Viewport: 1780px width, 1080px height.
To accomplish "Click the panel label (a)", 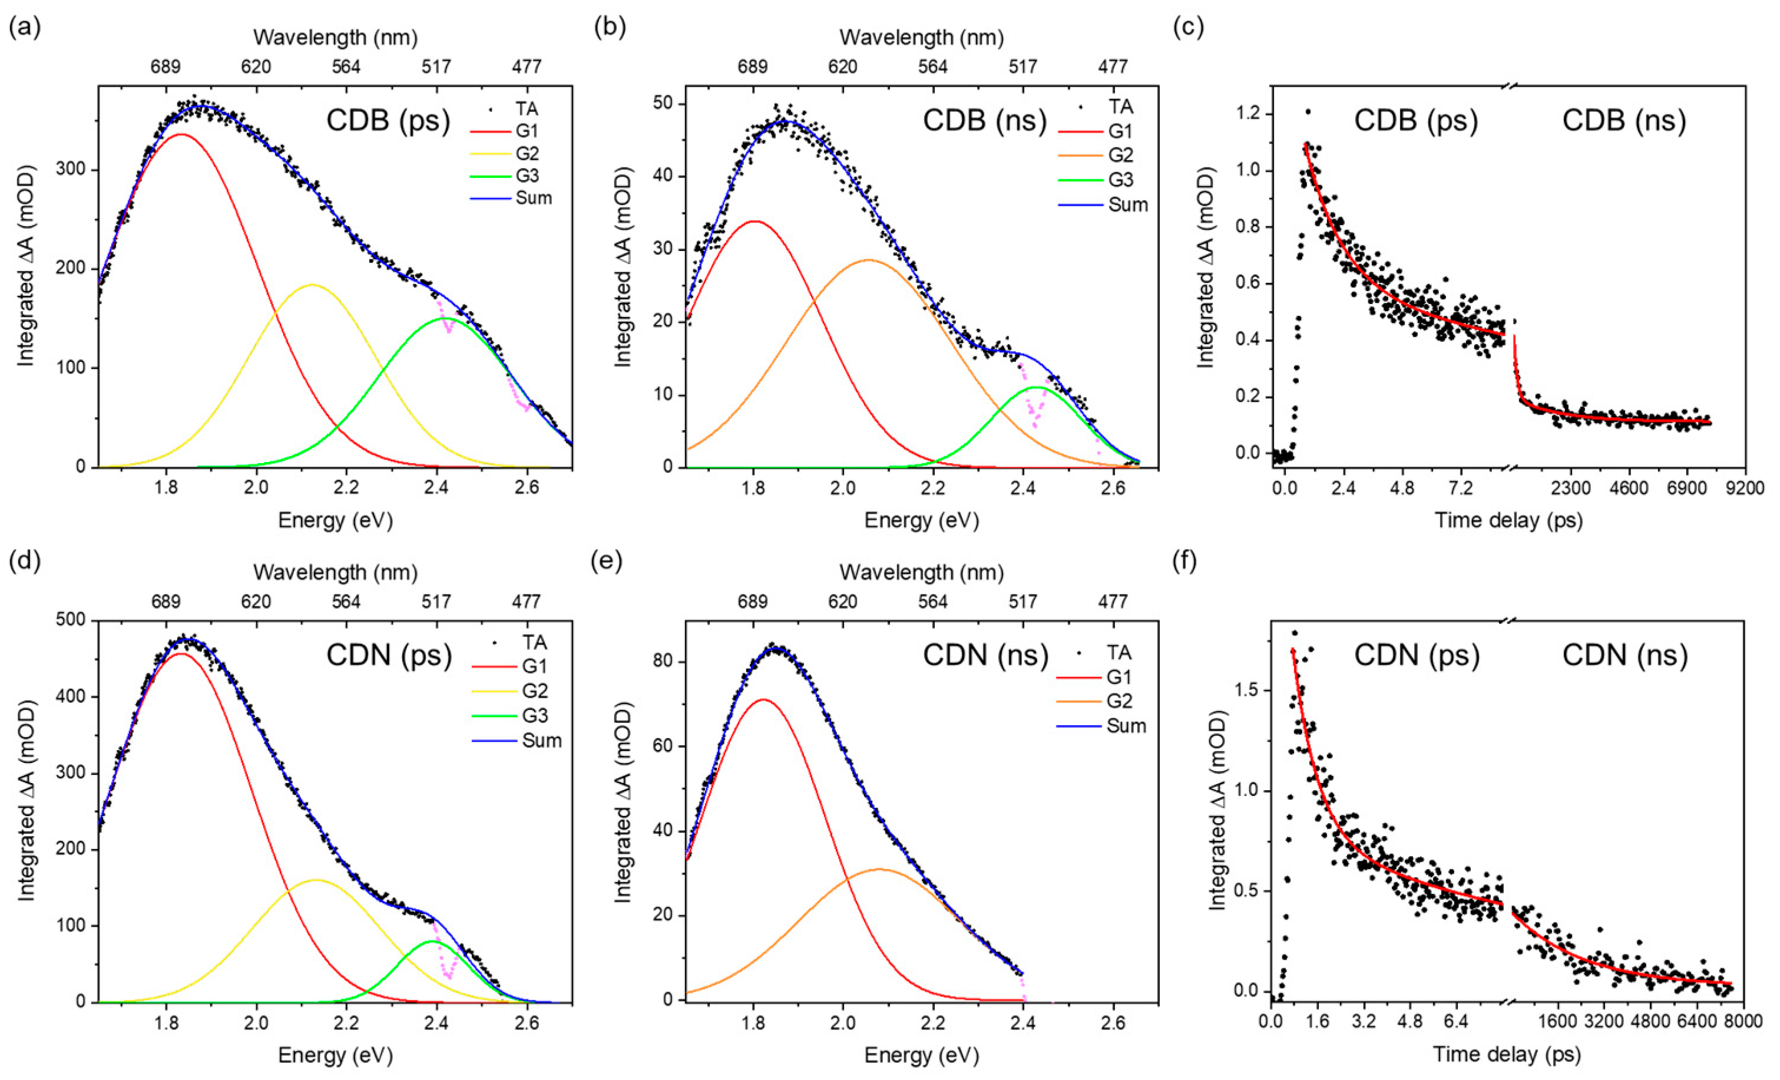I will click(24, 28).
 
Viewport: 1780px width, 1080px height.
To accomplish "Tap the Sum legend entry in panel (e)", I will click(1126, 725).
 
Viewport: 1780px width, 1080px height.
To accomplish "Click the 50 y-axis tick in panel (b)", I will click(663, 103).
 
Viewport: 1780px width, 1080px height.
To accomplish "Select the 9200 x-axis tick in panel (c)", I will click(1745, 489).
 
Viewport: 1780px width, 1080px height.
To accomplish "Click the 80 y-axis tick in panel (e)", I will click(663, 662).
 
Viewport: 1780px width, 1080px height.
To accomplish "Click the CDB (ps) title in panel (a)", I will click(388, 120).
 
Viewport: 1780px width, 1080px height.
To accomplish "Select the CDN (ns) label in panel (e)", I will click(985, 655).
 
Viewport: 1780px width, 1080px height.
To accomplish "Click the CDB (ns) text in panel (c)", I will click(1623, 120).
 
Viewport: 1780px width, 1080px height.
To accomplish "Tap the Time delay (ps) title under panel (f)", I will click(1507, 1054).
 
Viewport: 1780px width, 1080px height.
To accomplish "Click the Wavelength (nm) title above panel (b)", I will click(921, 37).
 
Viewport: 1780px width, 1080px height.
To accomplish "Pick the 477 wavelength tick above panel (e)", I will click(1113, 601).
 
